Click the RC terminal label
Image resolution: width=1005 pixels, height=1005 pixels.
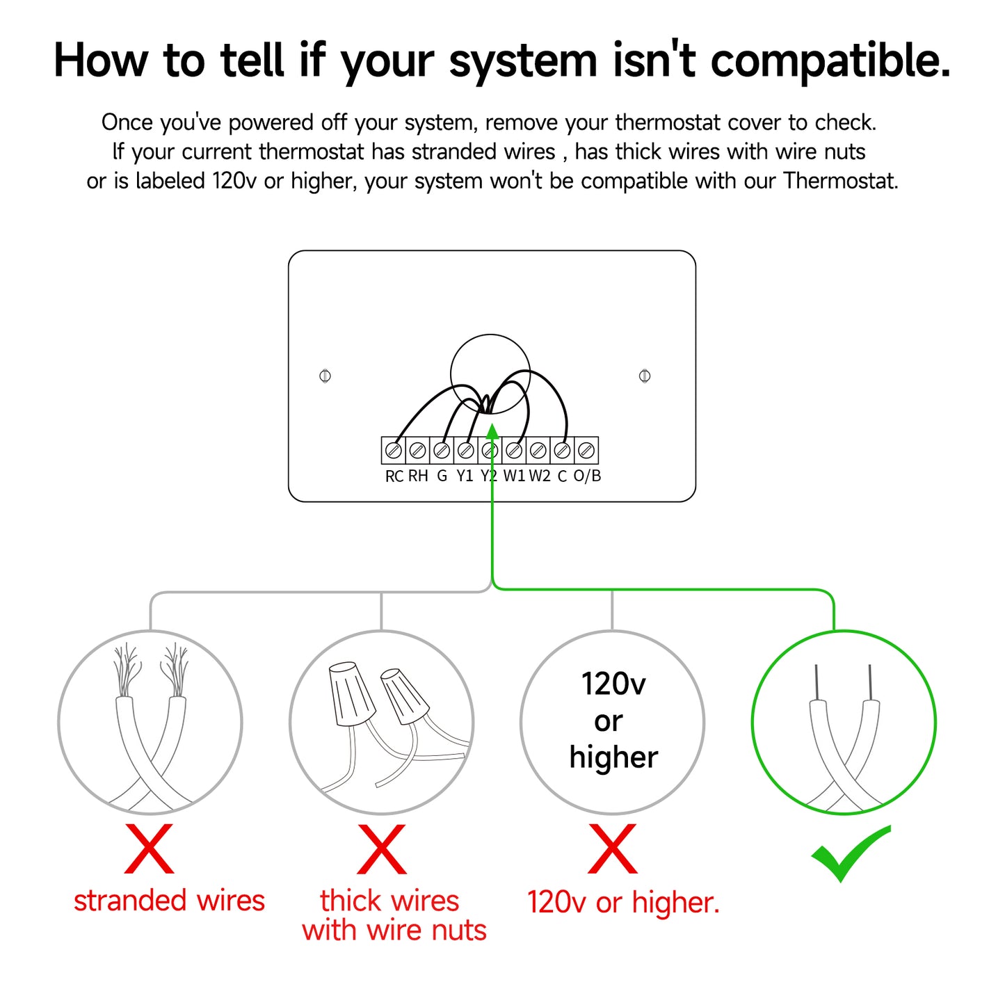click(394, 476)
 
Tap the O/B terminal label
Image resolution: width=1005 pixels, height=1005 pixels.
click(587, 476)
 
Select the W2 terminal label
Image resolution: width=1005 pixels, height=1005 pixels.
click(540, 476)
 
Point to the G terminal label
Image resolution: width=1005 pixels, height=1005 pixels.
click(442, 476)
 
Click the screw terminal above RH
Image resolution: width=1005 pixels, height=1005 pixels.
click(417, 450)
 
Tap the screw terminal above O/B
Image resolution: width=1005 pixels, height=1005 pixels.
click(586, 450)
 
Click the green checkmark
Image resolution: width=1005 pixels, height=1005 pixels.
click(850, 853)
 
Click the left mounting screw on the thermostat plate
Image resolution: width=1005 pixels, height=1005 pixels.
click(325, 376)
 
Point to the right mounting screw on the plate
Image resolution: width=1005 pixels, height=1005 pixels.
click(645, 376)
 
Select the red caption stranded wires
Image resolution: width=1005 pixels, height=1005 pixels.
click(170, 901)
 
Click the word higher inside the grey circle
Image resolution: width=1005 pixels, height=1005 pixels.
click(614, 758)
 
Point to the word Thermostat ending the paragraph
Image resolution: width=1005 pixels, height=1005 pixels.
click(841, 181)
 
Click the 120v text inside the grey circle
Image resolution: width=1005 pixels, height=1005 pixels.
click(613, 684)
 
